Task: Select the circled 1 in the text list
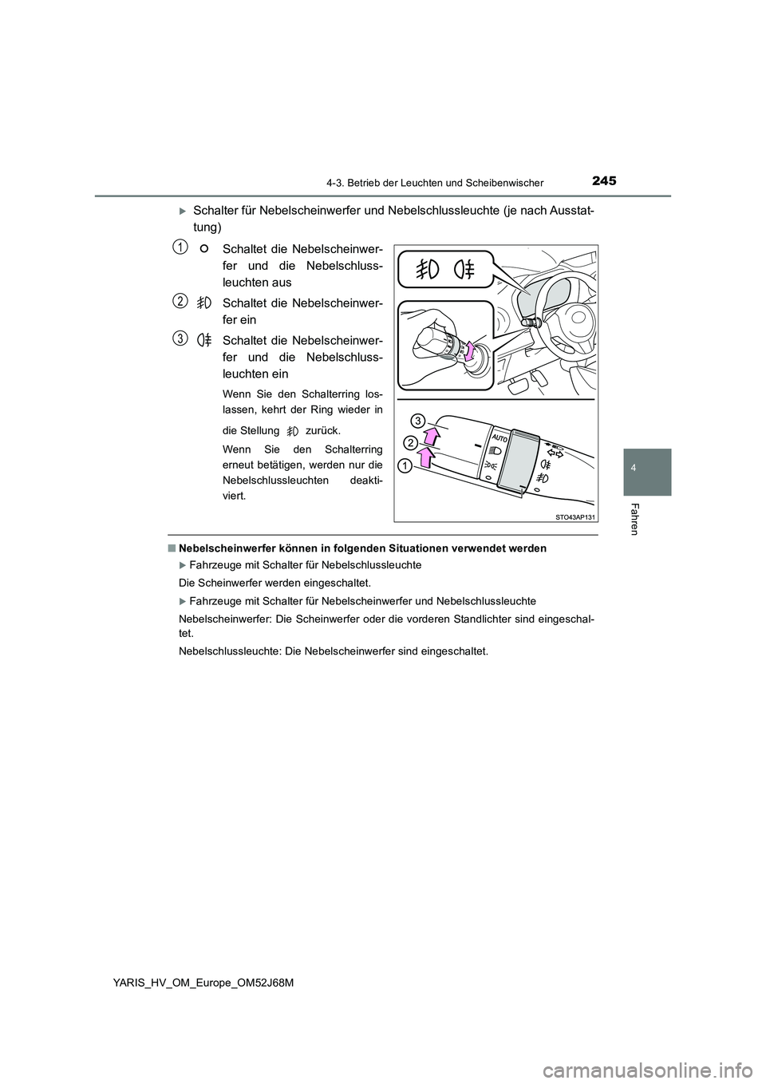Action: [x=182, y=248]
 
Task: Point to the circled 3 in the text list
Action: [x=182, y=338]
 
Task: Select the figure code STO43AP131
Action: [x=574, y=517]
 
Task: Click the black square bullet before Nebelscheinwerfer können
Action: [x=171, y=548]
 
